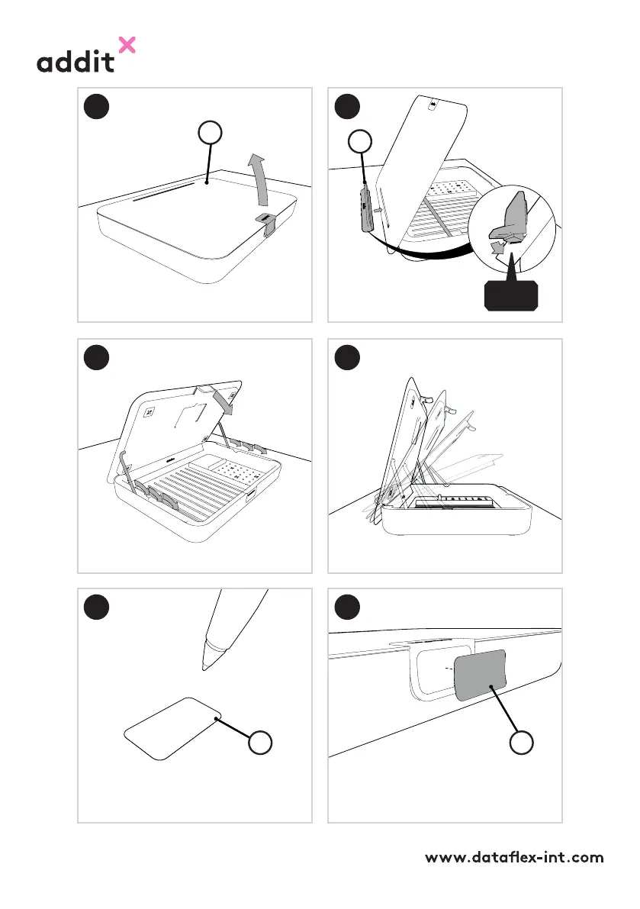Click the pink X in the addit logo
point(127,45)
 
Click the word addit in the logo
point(76,62)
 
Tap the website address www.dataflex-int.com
point(514,857)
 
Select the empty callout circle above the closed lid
point(210,133)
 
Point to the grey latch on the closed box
point(267,224)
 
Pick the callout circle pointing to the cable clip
point(360,141)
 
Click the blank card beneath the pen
point(172,728)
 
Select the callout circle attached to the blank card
point(260,743)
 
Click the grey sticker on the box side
point(480,674)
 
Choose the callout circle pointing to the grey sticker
point(521,742)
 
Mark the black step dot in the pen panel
point(97,607)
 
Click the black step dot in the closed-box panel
point(97,107)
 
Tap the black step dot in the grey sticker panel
point(348,607)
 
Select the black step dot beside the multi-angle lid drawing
point(348,357)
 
